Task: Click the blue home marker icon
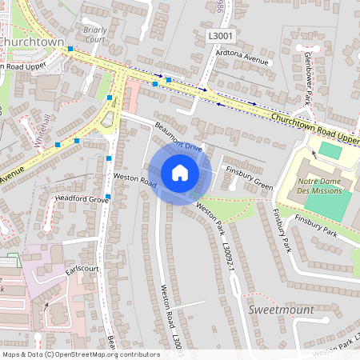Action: click(180, 173)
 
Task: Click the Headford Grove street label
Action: click(81, 198)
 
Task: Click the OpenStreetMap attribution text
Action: click(80, 354)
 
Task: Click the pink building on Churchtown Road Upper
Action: click(133, 95)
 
